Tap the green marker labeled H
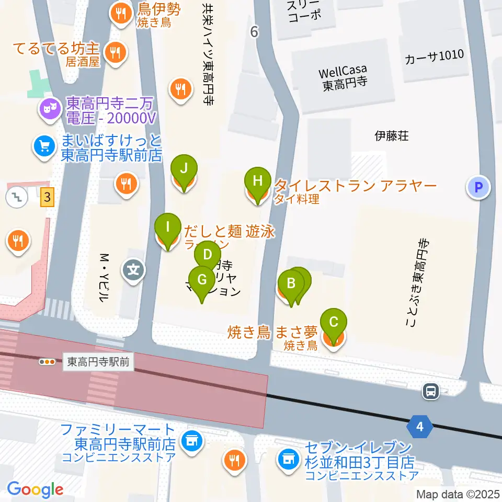tap(257, 181)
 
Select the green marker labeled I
tap(168, 227)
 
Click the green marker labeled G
tap(202, 279)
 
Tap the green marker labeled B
tap(291, 284)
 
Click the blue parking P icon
tap(478, 187)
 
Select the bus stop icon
tap(431, 391)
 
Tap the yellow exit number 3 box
tap(48, 198)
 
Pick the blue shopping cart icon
tap(44, 146)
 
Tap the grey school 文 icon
tap(134, 270)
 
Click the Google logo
tap(35, 489)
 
